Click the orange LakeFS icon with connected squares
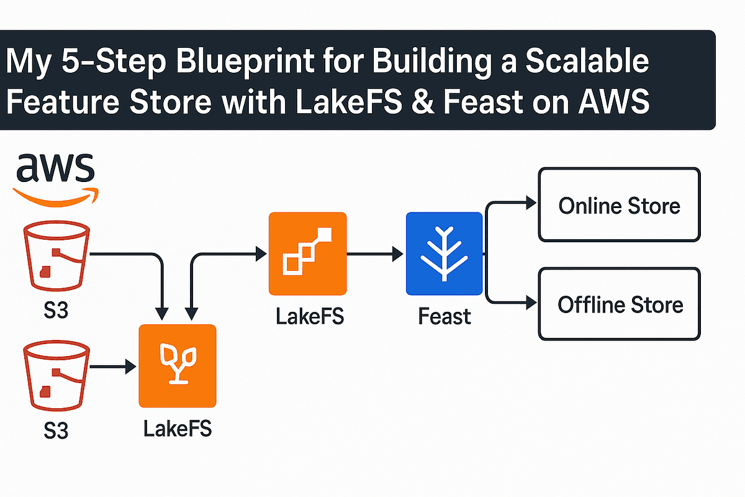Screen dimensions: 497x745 click(307, 253)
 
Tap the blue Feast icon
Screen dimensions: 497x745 click(444, 253)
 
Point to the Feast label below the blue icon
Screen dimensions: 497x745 click(444, 317)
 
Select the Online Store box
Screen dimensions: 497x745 click(619, 205)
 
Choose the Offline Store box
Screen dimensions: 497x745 click(619, 304)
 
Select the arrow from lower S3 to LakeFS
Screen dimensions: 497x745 click(112, 367)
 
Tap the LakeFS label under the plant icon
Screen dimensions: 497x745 click(178, 429)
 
